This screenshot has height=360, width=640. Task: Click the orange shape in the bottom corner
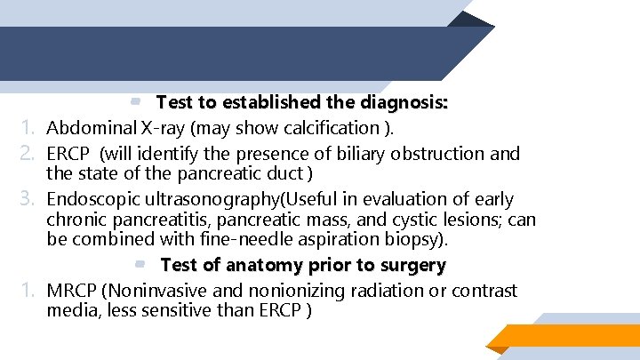click(x=569, y=336)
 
